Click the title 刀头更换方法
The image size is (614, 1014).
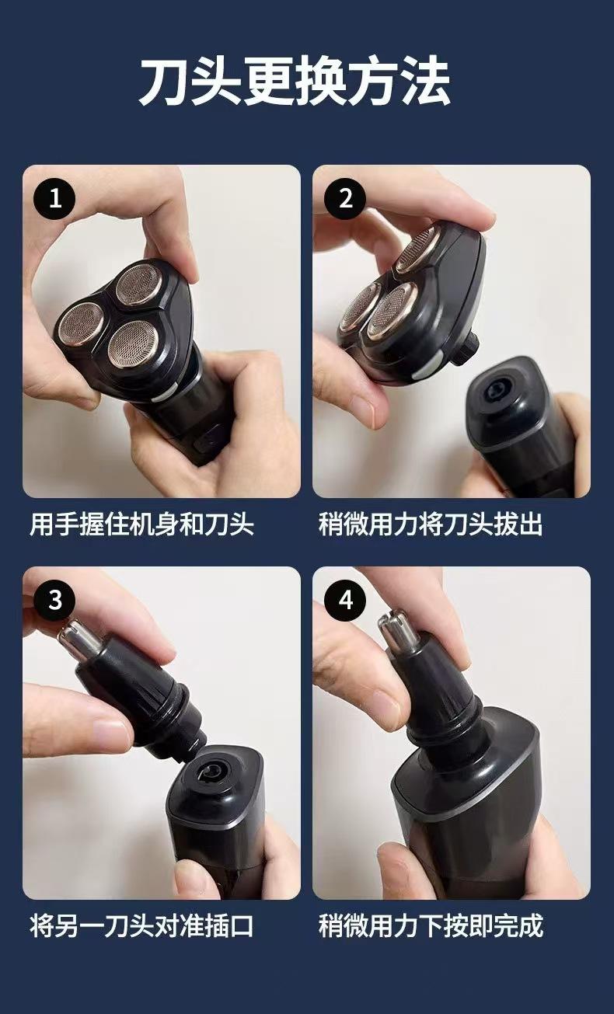click(x=295, y=81)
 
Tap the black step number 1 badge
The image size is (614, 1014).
click(x=54, y=198)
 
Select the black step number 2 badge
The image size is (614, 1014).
click(x=345, y=198)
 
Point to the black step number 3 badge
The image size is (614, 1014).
click(x=54, y=601)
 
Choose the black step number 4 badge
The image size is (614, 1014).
click(x=345, y=601)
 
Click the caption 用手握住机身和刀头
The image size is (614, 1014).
click(x=141, y=524)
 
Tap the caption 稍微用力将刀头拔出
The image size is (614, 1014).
click(x=431, y=524)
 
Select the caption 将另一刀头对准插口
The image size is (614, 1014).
click(x=141, y=926)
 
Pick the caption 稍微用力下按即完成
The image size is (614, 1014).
click(x=431, y=926)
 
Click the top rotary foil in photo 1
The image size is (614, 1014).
click(x=138, y=284)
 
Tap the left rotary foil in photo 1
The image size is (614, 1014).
click(x=80, y=322)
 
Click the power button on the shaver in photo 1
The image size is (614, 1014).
click(x=205, y=441)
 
